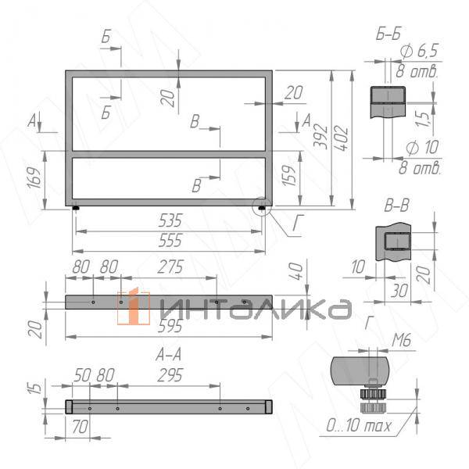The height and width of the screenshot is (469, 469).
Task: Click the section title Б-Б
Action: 389,33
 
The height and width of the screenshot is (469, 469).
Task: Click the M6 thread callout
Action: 400,339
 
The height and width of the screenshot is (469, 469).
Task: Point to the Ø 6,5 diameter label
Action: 419,52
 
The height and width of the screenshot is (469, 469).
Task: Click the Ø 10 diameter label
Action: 420,149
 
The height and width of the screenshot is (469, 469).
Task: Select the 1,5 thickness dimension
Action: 423,119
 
